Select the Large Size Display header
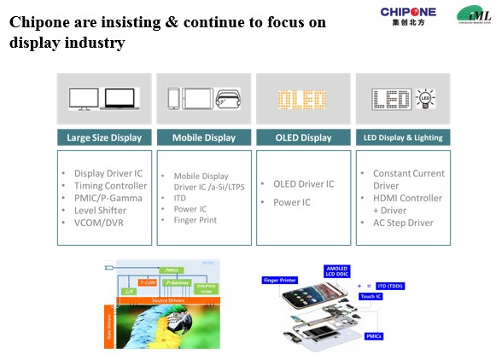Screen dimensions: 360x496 (104, 136)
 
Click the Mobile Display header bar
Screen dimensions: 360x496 (204, 136)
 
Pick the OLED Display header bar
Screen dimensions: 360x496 (304, 136)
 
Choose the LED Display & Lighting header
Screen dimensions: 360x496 (403, 136)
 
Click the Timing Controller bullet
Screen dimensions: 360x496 (110, 185)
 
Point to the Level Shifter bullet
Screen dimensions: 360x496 (100, 210)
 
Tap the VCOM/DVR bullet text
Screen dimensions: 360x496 (100, 223)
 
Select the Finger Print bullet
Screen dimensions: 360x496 (195, 220)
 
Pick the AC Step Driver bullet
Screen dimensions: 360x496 (402, 223)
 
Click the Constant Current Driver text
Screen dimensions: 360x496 (408, 179)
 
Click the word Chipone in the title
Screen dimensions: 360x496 (39, 23)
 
